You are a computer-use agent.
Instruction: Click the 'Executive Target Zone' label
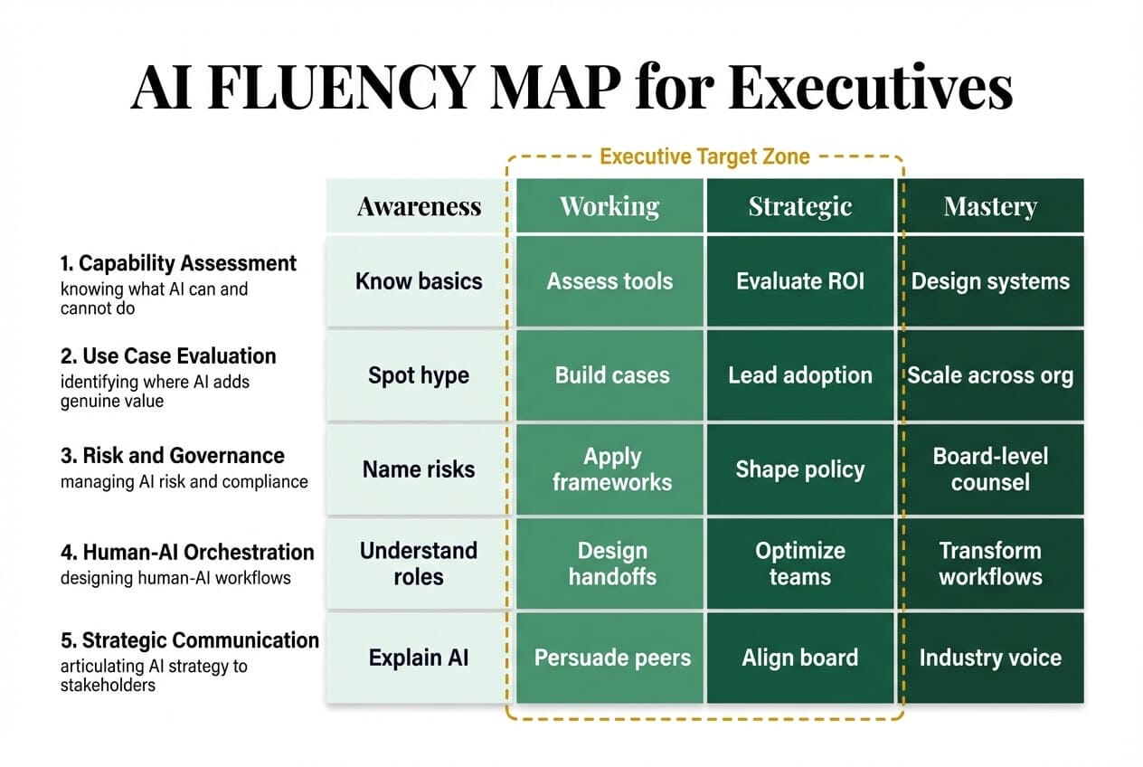[x=704, y=156]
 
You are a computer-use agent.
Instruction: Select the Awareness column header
[x=419, y=206]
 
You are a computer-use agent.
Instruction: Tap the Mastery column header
[x=989, y=206]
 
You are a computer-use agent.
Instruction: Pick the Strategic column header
[x=799, y=206]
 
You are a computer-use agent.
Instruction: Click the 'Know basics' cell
[x=419, y=280]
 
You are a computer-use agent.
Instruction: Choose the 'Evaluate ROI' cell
[x=799, y=280]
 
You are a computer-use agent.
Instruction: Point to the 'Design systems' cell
[x=990, y=280]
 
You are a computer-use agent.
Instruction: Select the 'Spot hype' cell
[x=419, y=375]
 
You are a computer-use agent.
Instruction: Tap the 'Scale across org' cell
[x=990, y=375]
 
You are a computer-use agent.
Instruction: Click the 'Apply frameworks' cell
[x=612, y=469]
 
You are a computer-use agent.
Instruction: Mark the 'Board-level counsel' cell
[x=990, y=469]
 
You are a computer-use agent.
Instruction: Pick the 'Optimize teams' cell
[x=799, y=563]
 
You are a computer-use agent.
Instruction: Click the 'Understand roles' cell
[x=419, y=563]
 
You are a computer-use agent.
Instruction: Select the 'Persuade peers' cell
[x=612, y=658]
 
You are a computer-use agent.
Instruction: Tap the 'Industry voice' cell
[x=990, y=658]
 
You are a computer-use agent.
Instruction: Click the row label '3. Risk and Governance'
[x=173, y=456]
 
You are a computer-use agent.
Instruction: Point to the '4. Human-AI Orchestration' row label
[x=187, y=552]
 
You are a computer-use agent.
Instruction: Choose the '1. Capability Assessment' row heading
[x=178, y=263]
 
